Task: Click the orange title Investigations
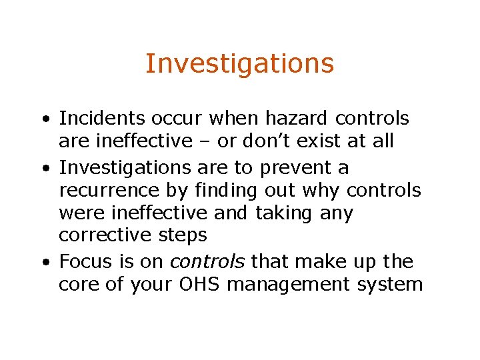[x=239, y=64]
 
